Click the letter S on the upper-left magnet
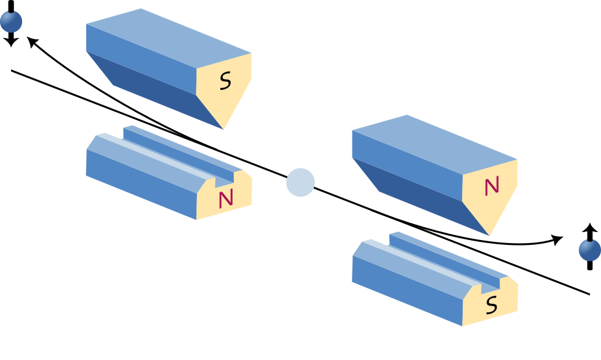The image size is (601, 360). pyautogui.click(x=225, y=81)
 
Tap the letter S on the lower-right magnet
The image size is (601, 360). pyautogui.click(x=491, y=304)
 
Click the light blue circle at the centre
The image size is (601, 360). pyautogui.click(x=300, y=182)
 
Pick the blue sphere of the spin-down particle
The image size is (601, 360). pyautogui.click(x=11, y=21)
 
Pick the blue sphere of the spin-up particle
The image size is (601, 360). pyautogui.click(x=590, y=250)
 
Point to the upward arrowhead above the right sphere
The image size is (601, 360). pyautogui.click(x=590, y=228)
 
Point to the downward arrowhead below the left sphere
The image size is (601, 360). pyautogui.click(x=11, y=42)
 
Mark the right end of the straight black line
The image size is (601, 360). pyautogui.click(x=589, y=294)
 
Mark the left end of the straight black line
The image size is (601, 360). pyautogui.click(x=12, y=71)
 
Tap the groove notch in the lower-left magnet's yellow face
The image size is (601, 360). pyautogui.click(x=225, y=179)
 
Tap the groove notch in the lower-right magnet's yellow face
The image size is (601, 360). pyautogui.click(x=491, y=286)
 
